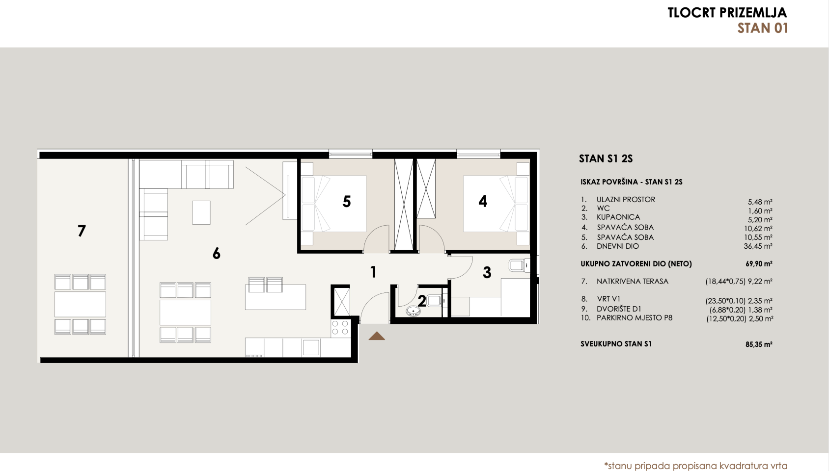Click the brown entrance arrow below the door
coord(377,336)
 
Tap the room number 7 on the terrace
coord(82,231)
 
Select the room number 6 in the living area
coord(217,253)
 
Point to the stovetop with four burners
coord(340,328)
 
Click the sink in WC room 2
coord(413,311)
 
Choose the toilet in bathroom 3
coord(519,265)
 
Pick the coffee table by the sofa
coord(201,212)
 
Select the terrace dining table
coord(80,304)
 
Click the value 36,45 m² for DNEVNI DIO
coord(758,246)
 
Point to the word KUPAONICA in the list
coord(618,217)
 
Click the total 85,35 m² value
coord(759,344)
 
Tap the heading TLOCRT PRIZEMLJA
coord(727,13)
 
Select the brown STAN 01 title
coord(763,28)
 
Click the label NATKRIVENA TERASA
coord(633,281)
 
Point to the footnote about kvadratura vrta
coord(695,466)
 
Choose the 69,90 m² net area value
coord(759,264)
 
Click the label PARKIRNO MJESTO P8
coord(635,318)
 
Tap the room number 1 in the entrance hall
coord(373,272)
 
